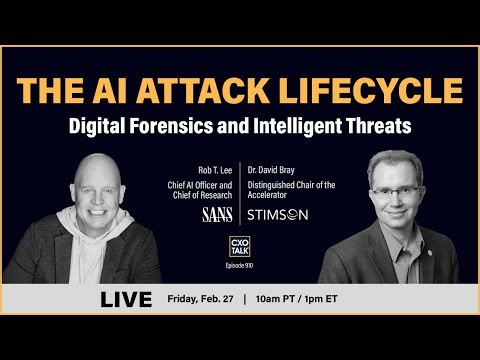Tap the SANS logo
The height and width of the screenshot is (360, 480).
click(216, 214)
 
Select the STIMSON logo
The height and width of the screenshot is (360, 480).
click(277, 214)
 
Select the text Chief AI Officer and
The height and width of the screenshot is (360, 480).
click(196, 184)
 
